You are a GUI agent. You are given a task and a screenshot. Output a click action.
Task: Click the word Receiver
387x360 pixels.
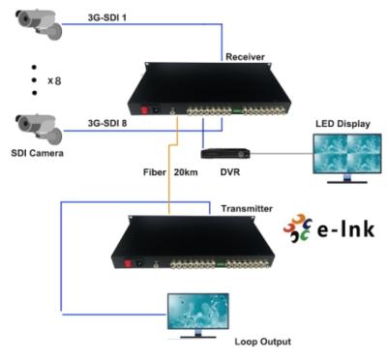click(246, 56)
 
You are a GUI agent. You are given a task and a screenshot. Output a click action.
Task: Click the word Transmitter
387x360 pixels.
click(247, 208)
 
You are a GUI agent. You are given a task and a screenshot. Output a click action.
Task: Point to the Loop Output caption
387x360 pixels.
click(261, 341)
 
